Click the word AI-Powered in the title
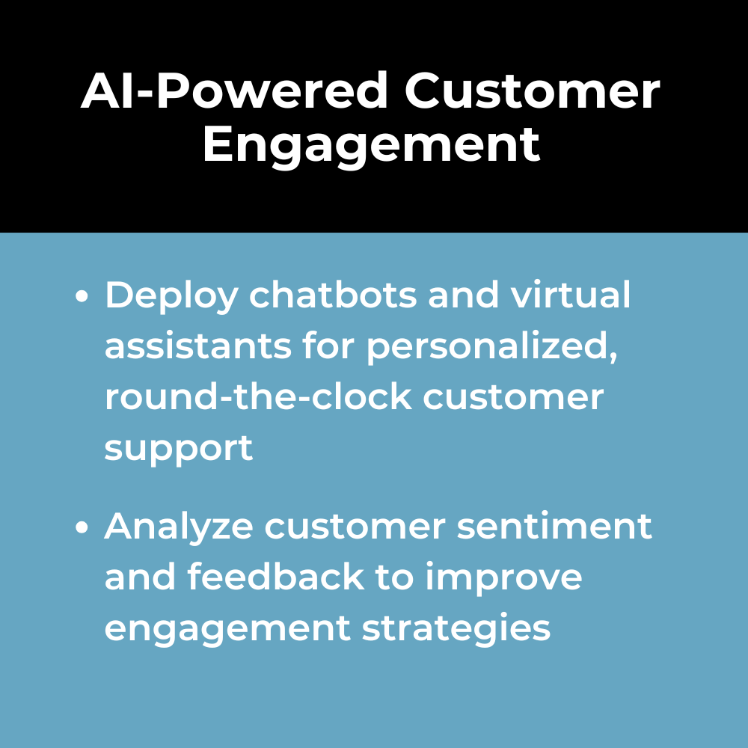tap(234, 91)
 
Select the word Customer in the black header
tap(533, 91)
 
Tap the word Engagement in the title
tap(372, 144)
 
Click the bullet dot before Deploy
tap(82, 295)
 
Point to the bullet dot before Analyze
tap(82, 527)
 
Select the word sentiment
tap(554, 526)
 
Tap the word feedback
tap(276, 576)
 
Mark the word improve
tap(503, 578)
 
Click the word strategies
tap(456, 629)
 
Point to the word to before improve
tap(394, 577)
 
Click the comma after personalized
tap(614, 355)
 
